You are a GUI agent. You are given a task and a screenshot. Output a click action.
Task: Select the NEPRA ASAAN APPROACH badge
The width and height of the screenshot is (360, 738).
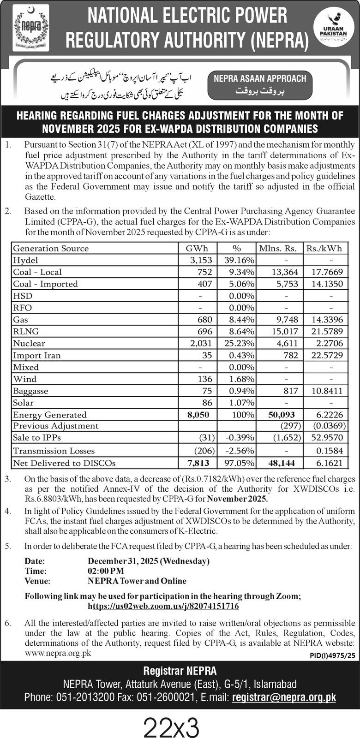260,83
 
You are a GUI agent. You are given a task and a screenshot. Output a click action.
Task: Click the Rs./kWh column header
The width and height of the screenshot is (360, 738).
324,248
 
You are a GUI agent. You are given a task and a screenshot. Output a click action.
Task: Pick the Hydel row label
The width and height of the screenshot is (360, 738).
26,260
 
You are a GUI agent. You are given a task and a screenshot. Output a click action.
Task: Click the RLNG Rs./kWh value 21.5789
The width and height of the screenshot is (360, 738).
324,331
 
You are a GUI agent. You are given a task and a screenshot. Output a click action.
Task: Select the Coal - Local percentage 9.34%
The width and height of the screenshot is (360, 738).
242,272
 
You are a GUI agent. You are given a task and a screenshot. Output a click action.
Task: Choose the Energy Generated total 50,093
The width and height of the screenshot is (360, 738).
282,415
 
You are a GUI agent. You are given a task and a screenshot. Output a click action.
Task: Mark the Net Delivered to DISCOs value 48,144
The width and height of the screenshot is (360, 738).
282,463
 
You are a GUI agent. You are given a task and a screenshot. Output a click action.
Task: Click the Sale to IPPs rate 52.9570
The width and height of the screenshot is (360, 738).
324,438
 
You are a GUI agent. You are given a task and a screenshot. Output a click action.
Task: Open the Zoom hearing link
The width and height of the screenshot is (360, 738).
163,606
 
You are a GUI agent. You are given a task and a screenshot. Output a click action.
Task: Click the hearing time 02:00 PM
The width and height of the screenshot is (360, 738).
106,571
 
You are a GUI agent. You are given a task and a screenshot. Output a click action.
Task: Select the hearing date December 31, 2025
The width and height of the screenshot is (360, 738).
148,561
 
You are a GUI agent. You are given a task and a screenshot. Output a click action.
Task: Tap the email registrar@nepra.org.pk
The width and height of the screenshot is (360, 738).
284,697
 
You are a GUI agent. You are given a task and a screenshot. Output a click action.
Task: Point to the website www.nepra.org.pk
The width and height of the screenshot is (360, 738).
58,653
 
